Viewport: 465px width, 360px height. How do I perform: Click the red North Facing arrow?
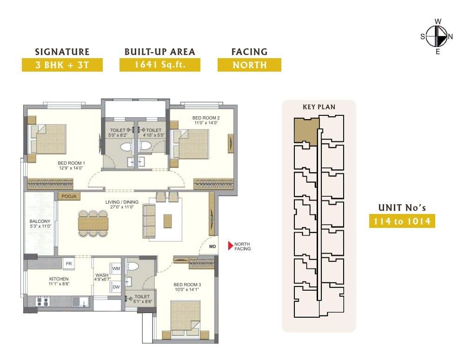230,246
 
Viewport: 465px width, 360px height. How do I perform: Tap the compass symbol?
437,36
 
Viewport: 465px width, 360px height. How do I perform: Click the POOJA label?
69,196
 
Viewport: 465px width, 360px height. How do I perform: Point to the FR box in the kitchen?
69,264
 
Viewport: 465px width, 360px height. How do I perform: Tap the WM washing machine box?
116,269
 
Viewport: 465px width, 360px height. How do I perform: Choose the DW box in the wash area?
116,287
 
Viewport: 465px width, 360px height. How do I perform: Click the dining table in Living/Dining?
93,223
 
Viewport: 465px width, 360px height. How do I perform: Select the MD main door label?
213,247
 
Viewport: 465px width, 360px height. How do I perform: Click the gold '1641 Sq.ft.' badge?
160,65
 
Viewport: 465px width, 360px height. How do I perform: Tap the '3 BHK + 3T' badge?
62,65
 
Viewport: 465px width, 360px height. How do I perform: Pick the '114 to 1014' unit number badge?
402,221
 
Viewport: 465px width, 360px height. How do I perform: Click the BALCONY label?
40,221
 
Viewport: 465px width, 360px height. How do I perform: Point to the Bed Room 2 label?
206,118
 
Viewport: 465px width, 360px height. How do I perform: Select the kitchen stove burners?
42,302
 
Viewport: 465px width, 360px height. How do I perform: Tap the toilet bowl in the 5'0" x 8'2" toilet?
126,147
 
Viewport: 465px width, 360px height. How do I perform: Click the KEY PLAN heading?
319,107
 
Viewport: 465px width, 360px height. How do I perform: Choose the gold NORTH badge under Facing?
249,65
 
